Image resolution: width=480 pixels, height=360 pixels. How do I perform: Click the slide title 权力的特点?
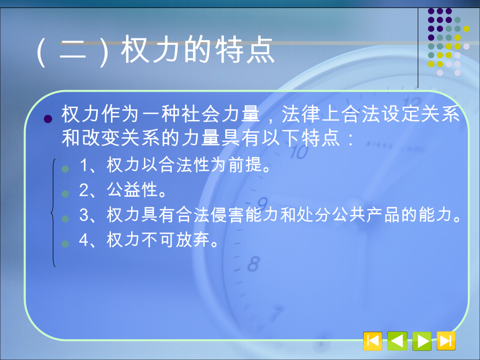(198, 50)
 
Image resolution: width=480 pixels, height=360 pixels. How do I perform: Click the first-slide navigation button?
(373, 341)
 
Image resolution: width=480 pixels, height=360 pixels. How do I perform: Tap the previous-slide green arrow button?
(397, 341)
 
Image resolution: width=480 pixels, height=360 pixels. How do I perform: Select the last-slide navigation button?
(446, 341)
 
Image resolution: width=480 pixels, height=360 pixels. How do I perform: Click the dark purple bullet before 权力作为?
(48, 119)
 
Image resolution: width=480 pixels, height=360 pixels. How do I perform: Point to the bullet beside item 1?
(65, 169)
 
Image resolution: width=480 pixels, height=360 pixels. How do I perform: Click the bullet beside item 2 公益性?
(65, 194)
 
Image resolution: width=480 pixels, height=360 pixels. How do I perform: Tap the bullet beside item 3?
(65, 219)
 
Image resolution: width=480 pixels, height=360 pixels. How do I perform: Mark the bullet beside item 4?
(65, 244)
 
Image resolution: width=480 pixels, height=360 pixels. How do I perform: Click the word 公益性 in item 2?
(132, 189)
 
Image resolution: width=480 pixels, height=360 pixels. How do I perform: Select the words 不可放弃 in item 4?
(175, 239)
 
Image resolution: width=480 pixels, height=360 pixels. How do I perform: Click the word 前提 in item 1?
(245, 164)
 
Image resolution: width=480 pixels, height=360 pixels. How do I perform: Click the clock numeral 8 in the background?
(253, 264)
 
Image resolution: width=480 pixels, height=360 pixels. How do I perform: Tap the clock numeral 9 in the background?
(262, 204)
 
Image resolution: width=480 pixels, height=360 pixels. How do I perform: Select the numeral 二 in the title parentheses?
(73, 50)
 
